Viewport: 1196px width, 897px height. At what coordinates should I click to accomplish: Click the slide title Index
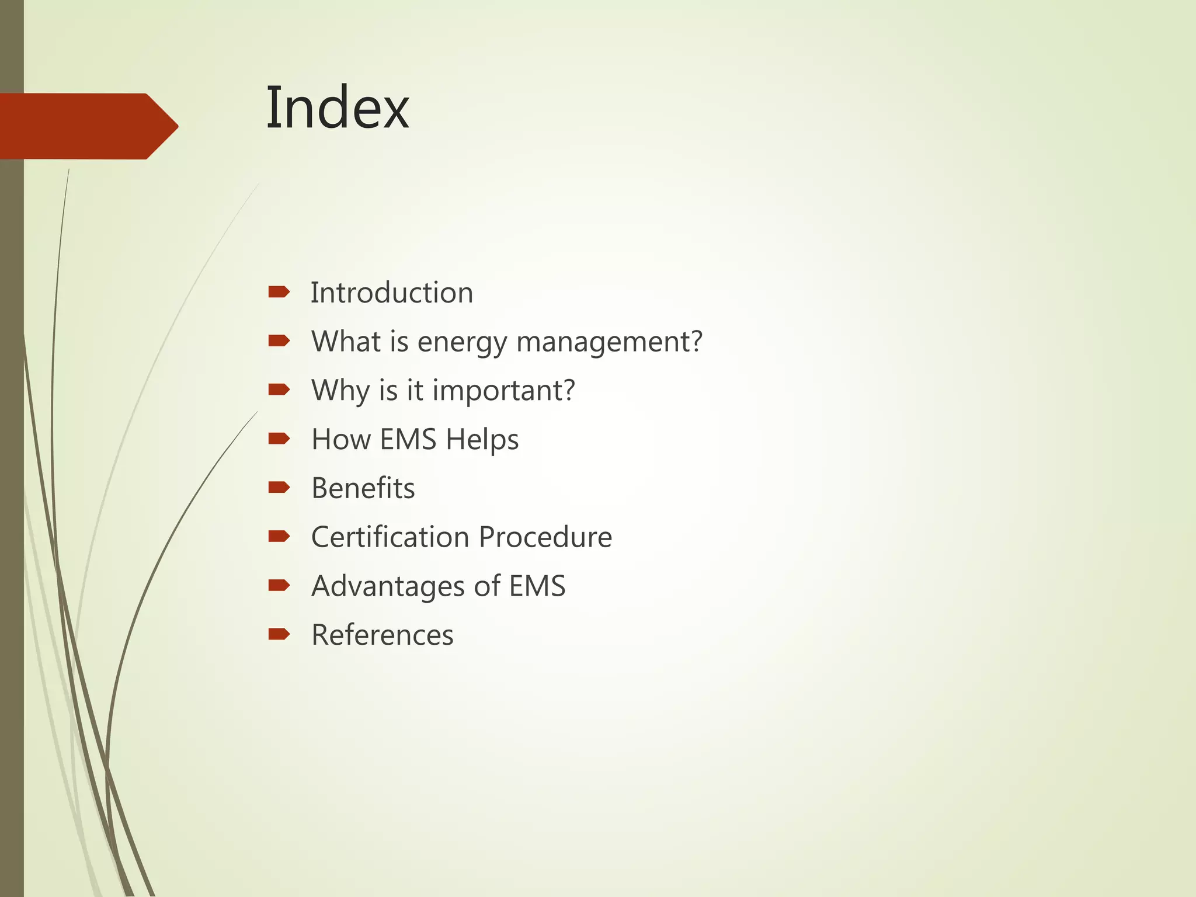(x=338, y=108)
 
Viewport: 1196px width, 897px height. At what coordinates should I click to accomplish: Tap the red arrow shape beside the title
(x=88, y=126)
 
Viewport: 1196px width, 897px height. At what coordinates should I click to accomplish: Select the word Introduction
(x=391, y=293)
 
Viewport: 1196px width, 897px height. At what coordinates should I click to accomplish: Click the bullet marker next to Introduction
(x=279, y=292)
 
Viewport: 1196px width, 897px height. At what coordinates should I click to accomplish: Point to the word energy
(x=462, y=342)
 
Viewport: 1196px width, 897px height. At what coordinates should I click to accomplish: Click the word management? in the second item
(x=609, y=342)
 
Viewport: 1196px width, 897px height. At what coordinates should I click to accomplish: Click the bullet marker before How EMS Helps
(x=279, y=439)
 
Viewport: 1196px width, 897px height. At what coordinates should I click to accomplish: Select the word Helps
(x=482, y=439)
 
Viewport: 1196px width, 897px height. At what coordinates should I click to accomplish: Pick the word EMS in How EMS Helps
(x=408, y=439)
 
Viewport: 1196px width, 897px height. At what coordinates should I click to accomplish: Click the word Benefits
(x=363, y=488)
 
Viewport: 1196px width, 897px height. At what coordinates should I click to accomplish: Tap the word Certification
(x=390, y=537)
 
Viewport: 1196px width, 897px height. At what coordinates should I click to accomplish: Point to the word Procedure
(x=545, y=537)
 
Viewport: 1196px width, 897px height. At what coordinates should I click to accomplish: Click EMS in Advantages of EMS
(x=537, y=586)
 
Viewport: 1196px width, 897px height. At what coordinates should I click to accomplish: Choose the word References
(x=382, y=635)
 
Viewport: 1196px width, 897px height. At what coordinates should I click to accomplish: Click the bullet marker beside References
(x=279, y=634)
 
